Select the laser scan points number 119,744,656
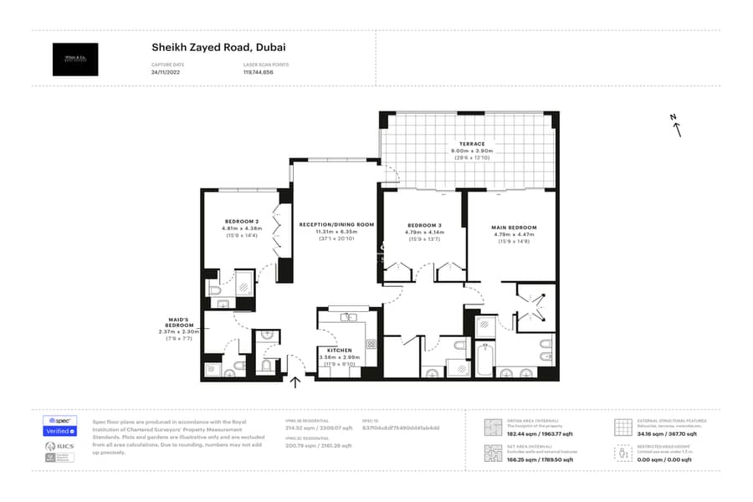(x=259, y=73)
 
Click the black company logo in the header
(x=75, y=59)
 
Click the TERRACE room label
(x=471, y=144)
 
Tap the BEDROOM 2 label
(x=242, y=221)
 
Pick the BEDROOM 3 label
(x=424, y=225)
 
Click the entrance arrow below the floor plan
(x=295, y=383)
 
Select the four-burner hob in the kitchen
(x=371, y=344)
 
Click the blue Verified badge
(x=59, y=431)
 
